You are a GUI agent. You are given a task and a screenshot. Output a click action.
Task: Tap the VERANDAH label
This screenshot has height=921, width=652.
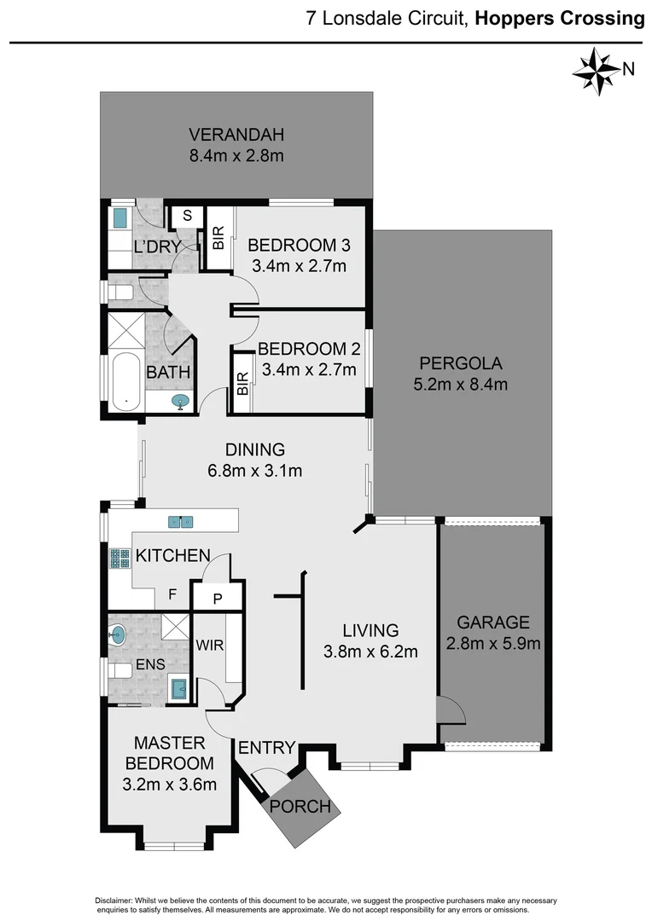tap(236, 134)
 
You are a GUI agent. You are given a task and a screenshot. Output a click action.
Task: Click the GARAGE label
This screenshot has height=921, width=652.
tap(492, 623)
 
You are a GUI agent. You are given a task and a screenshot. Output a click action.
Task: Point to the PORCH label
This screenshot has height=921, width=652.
tap(300, 806)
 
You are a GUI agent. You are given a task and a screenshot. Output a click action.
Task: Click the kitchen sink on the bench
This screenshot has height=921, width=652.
tap(180, 521)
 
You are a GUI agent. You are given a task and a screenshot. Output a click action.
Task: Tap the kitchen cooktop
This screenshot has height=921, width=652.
tap(119, 559)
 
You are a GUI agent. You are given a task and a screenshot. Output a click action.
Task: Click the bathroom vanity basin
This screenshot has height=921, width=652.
tap(181, 402)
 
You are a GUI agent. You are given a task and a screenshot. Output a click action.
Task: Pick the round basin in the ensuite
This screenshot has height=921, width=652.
tap(118, 634)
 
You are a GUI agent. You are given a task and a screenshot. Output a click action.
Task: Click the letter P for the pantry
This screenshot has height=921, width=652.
tap(217, 600)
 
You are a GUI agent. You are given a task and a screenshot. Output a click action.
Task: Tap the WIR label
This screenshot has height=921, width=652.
tap(210, 646)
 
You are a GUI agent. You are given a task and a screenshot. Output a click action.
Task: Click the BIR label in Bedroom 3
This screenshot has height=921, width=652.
tap(218, 238)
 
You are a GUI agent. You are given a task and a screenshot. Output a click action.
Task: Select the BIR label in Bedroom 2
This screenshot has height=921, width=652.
tap(242, 384)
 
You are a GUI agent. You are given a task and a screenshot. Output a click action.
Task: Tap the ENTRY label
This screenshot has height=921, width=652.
tap(266, 748)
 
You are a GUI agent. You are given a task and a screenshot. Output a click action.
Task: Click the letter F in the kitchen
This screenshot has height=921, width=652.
tap(172, 594)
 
